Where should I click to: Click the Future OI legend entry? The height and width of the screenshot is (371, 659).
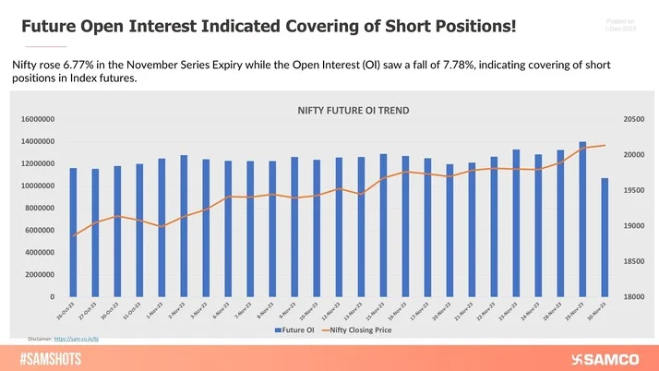pyautogui.click(x=293, y=329)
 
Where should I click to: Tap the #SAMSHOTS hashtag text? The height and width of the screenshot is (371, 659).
pyautogui.click(x=46, y=357)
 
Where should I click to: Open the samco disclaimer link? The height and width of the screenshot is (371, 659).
pyautogui.click(x=79, y=340)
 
